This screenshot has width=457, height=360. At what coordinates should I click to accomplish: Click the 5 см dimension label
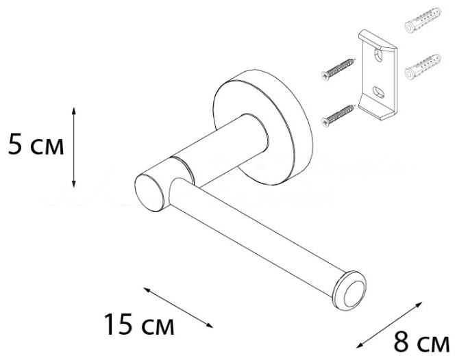pos(36,144)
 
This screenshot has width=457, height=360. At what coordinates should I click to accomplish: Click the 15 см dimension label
pos(139,324)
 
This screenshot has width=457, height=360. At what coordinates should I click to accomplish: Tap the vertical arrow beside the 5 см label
pos(74,147)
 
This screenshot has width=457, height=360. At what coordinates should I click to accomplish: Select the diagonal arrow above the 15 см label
pos(178,307)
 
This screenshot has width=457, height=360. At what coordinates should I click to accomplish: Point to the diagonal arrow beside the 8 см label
pos(389,325)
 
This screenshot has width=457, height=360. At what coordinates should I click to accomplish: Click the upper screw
pos(338,69)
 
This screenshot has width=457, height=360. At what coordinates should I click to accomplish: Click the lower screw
pos(338,115)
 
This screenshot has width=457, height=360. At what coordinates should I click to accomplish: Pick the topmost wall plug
pos(423,19)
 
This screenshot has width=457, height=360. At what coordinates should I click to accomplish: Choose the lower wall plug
pos(423,67)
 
